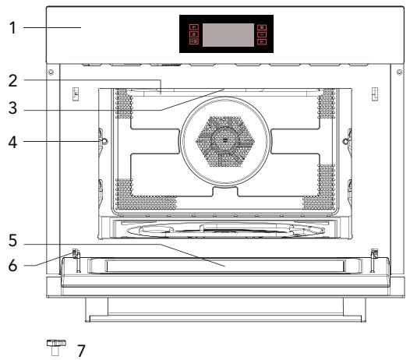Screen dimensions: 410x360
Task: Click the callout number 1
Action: pyautogui.click(x=12, y=28)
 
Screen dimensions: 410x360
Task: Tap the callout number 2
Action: pyautogui.click(x=12, y=81)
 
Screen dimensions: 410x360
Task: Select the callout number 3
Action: pyautogui.click(x=12, y=108)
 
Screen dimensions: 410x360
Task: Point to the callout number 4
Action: pyautogui.click(x=12, y=143)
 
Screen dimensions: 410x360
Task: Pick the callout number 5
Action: pyautogui.click(x=12, y=241)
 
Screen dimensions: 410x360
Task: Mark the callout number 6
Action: pyautogui.click(x=12, y=266)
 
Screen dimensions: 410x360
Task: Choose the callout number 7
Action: pyautogui.click(x=81, y=351)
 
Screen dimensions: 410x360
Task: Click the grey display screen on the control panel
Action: pyautogui.click(x=228, y=35)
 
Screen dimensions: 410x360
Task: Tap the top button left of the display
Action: pyautogui.click(x=194, y=27)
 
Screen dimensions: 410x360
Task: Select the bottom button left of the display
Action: pyautogui.click(x=194, y=41)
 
